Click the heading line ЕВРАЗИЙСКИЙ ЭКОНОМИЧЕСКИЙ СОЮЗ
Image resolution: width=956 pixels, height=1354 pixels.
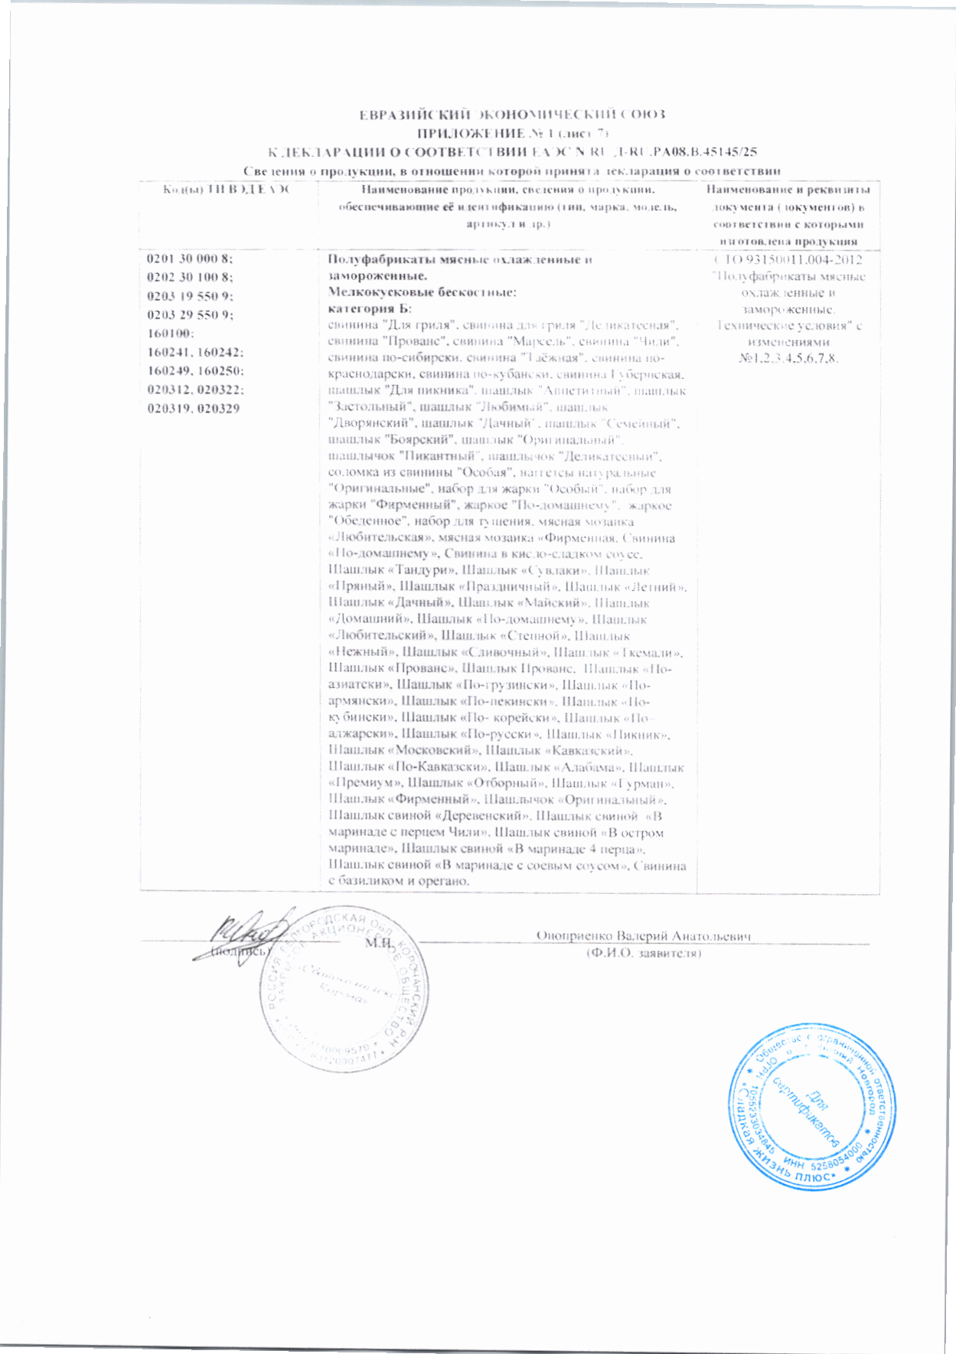(513, 115)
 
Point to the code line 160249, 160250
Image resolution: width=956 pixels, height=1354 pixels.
(195, 371)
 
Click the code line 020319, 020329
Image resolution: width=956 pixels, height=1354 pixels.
(194, 409)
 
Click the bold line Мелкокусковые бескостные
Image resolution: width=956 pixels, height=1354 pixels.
(423, 292)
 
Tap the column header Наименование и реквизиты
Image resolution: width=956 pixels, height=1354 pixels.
(788, 190)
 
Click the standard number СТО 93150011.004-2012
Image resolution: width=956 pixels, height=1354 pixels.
(788, 259)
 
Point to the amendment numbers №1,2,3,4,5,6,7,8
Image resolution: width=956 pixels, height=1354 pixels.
(788, 358)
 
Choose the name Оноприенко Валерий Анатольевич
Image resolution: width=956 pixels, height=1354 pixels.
(643, 936)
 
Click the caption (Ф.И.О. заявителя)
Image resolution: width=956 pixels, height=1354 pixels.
(643, 953)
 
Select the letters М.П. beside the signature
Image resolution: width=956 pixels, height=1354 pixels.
(379, 943)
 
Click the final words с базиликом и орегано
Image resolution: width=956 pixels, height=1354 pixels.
(399, 882)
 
